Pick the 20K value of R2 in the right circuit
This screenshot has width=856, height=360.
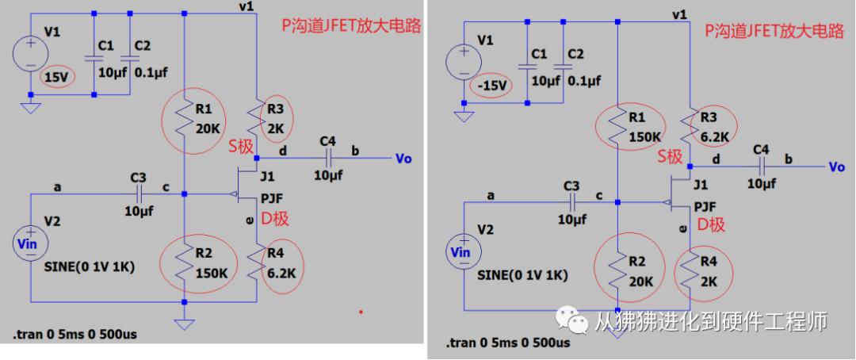click(640, 281)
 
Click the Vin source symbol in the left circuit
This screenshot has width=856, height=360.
click(31, 244)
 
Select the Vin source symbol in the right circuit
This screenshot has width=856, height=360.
click(461, 252)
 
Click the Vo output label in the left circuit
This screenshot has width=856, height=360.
click(403, 159)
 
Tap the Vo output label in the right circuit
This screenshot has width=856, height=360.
click(836, 167)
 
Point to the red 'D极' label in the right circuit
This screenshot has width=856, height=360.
click(711, 224)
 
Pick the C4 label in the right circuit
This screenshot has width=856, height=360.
click(761, 150)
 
